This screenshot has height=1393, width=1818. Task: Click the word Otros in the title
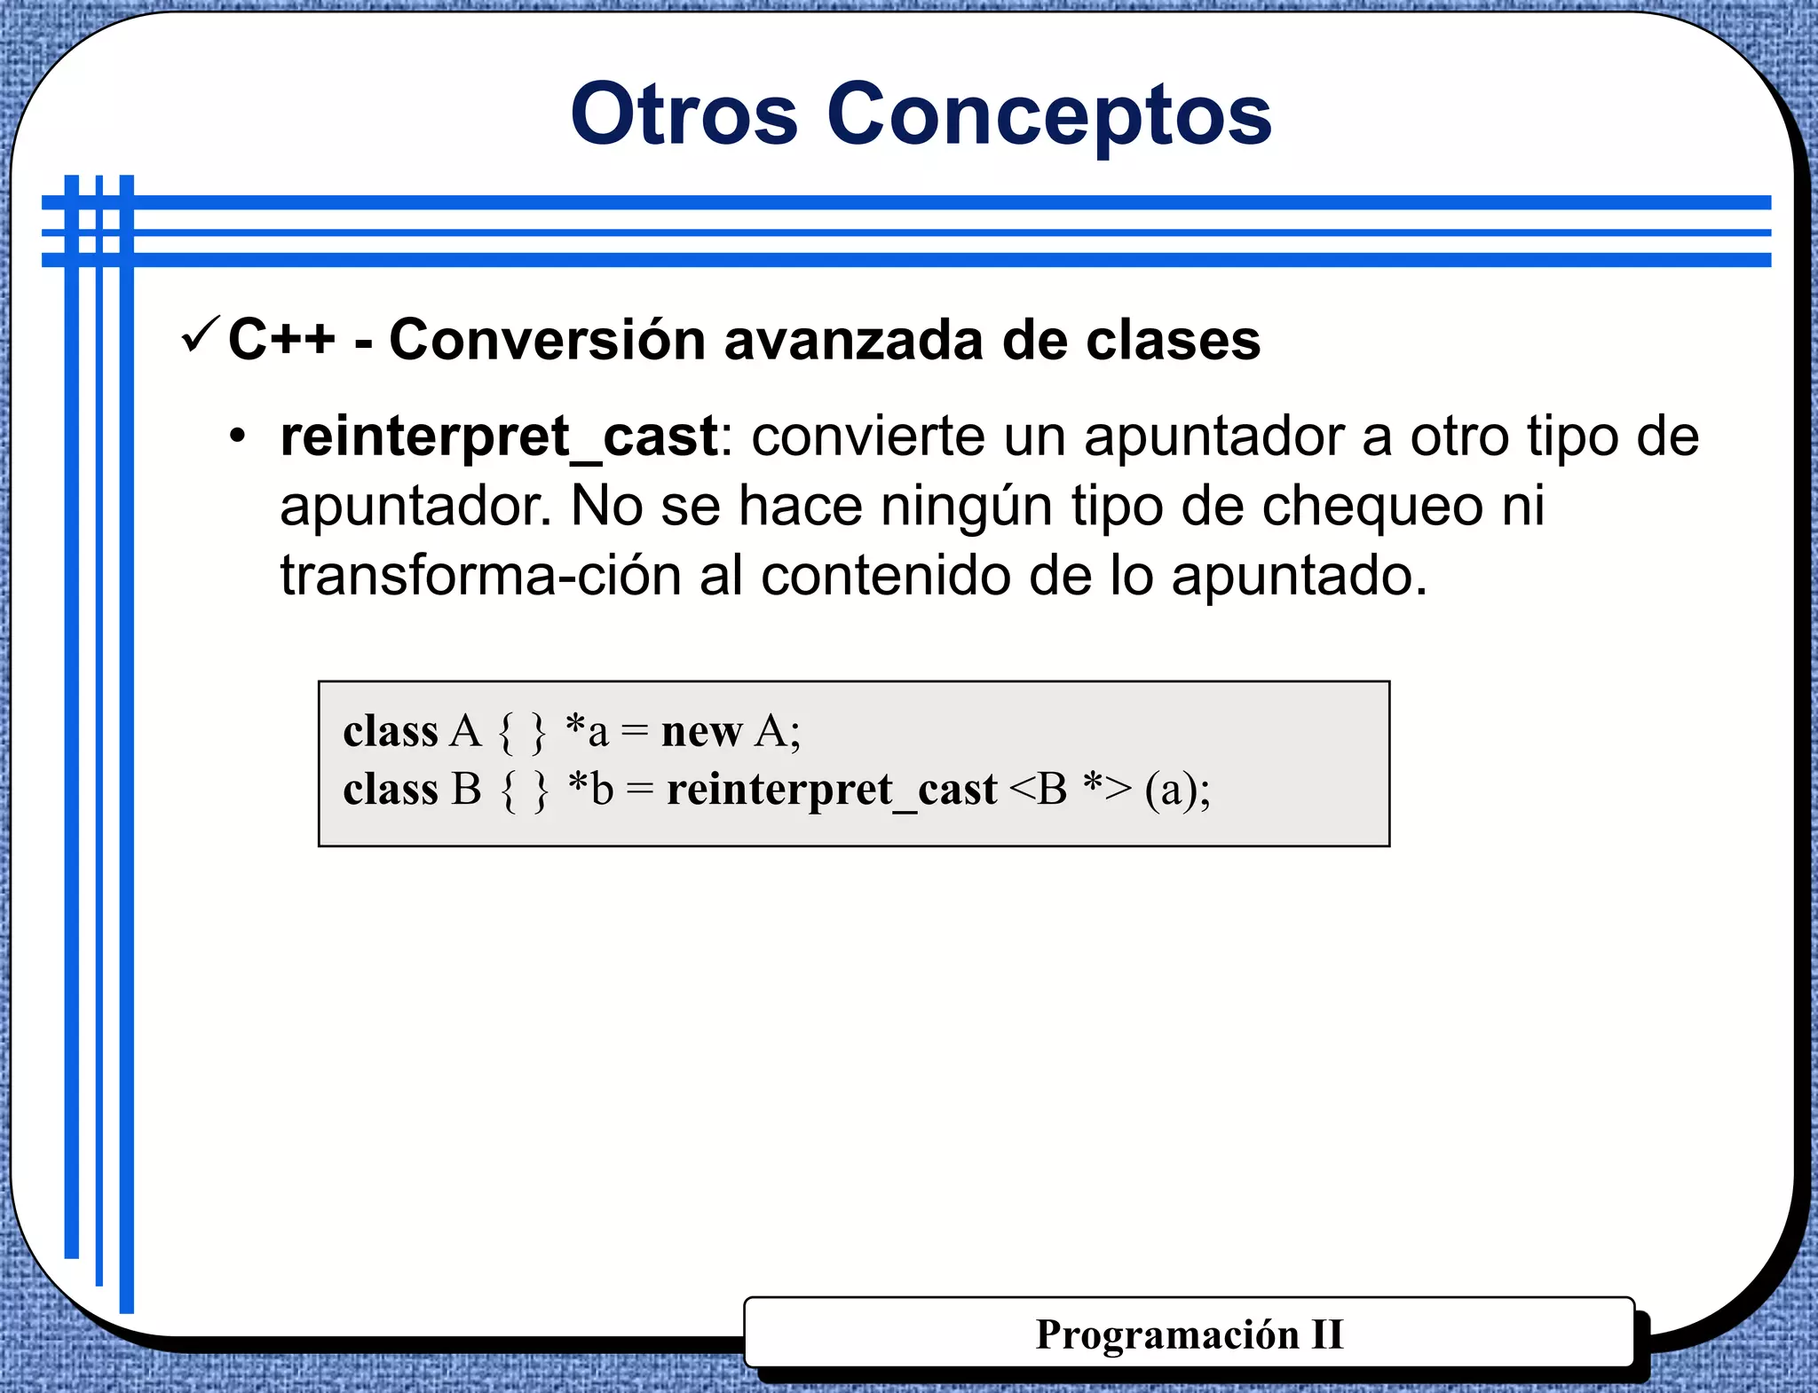pyautogui.click(x=684, y=115)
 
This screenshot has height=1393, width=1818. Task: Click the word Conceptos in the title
pyautogui.click(x=1049, y=115)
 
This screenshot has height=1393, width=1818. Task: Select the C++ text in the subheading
pyautogui.click(x=281, y=340)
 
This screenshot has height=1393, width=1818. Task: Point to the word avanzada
pyautogui.click(x=853, y=340)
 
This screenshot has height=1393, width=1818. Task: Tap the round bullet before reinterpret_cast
pyautogui.click(x=237, y=437)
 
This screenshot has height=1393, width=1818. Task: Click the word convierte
pyautogui.click(x=909, y=437)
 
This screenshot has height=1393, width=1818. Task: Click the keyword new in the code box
pyautogui.click(x=701, y=732)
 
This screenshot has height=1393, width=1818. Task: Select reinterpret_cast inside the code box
pyautogui.click(x=832, y=789)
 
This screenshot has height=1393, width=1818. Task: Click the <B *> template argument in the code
pyautogui.click(x=1071, y=789)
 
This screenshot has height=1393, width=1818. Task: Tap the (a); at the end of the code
pyautogui.click(x=1177, y=789)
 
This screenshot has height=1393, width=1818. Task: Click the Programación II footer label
pyautogui.click(x=1190, y=1334)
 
